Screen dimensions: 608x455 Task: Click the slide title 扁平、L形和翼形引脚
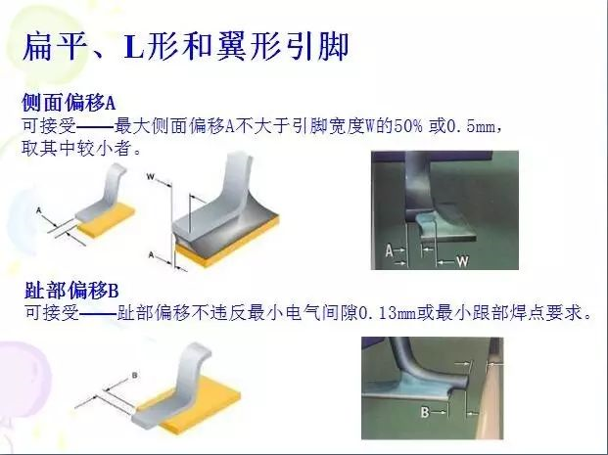click(x=186, y=47)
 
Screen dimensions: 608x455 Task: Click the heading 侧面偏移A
click(x=69, y=103)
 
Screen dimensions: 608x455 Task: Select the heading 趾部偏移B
click(x=71, y=291)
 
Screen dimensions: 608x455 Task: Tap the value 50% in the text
click(x=407, y=126)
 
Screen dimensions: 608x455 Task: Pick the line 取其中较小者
click(x=81, y=149)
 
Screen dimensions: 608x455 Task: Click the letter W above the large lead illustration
click(x=151, y=177)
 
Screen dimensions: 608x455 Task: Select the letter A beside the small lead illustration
click(x=38, y=210)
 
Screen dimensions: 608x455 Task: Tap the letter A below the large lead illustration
click(x=152, y=254)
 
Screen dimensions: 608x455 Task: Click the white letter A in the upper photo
click(x=389, y=250)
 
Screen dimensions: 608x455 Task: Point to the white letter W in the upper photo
click(x=462, y=261)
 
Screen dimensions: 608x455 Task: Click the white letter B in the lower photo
click(x=425, y=412)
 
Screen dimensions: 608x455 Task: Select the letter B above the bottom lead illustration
click(x=134, y=375)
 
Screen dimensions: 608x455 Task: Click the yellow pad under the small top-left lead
click(x=107, y=219)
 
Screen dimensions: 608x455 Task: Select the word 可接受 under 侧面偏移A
click(x=49, y=126)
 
